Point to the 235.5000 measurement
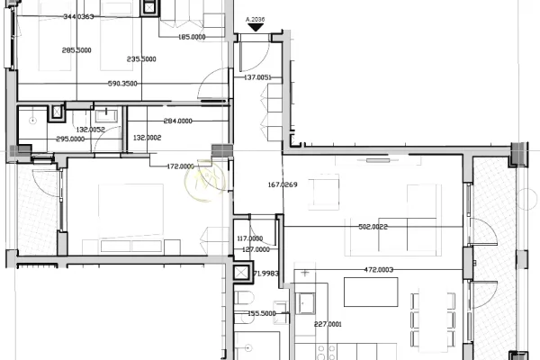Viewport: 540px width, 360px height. pos(141,59)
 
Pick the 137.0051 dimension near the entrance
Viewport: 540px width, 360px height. pos(257,78)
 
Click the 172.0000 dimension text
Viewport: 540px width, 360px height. pos(181,166)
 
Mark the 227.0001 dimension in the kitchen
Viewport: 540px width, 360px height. pos(328,324)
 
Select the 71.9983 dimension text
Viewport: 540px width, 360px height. pos(266,273)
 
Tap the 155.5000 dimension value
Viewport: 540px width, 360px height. pos(262,314)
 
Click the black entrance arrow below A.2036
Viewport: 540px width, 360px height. pos(256,28)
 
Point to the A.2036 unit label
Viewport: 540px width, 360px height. pos(256,17)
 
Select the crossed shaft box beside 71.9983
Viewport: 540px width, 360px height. pos(241,273)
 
